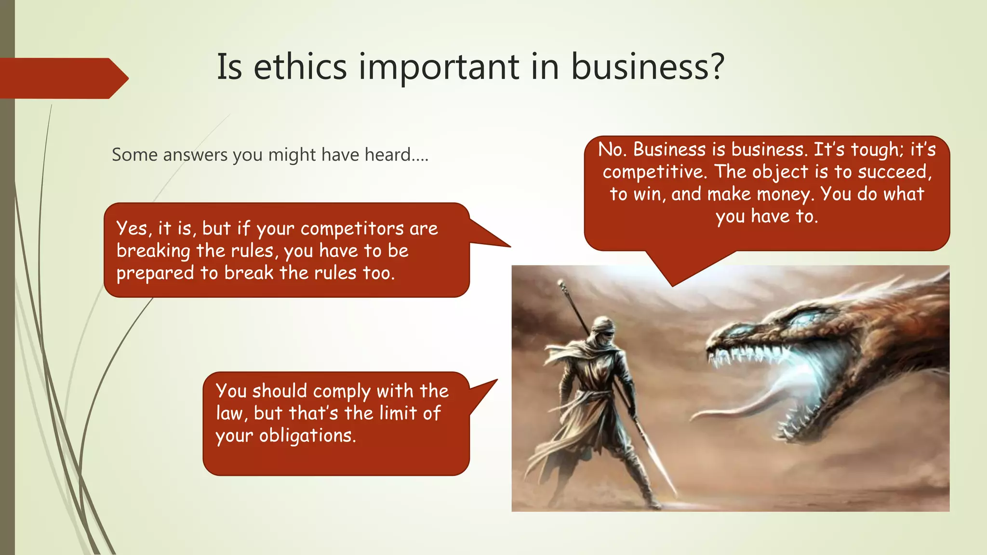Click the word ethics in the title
point(300,67)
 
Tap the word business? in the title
point(647,67)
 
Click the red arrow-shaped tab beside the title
point(63,78)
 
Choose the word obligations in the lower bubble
point(307,436)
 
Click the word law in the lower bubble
point(229,414)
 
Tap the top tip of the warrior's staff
point(560,284)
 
